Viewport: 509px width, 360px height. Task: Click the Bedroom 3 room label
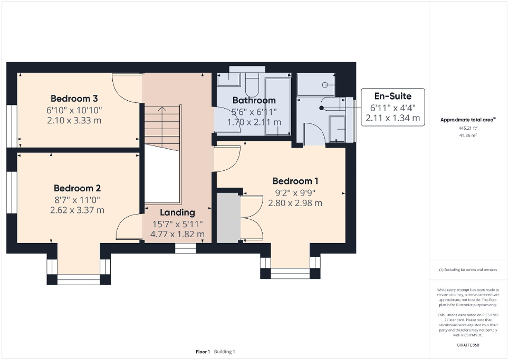click(74, 99)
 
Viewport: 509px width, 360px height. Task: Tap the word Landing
click(177, 212)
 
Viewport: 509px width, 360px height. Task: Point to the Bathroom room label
click(254, 100)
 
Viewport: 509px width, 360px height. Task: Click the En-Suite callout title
click(392, 96)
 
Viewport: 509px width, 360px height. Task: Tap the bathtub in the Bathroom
click(277, 105)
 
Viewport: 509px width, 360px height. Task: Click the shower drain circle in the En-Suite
click(325, 85)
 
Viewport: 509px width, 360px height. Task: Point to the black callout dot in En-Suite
click(321, 108)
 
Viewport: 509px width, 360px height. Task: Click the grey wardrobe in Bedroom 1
click(227, 218)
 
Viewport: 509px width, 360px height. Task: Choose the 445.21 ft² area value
click(468, 128)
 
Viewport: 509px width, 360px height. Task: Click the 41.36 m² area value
click(468, 135)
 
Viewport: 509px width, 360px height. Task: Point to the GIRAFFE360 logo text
click(468, 345)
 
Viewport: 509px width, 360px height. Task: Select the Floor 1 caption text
click(203, 352)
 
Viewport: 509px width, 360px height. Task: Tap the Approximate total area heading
click(467, 120)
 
